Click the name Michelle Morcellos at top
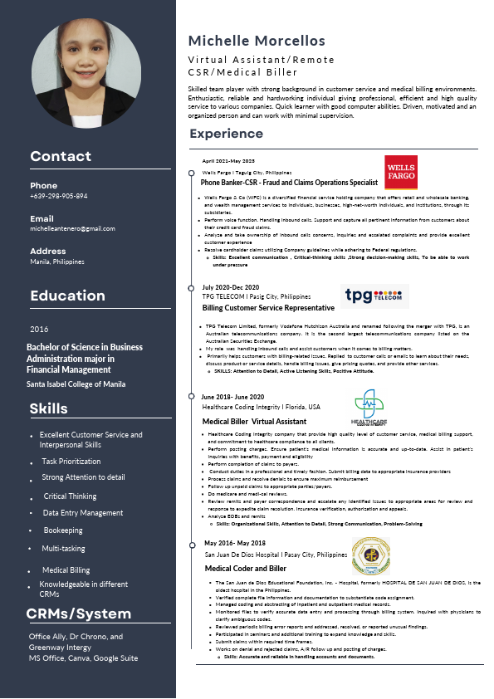click(257, 41)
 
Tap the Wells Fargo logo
click(401, 173)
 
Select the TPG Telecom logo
click(374, 296)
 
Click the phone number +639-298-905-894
click(58, 196)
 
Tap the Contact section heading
click(61, 156)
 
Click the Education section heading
click(67, 296)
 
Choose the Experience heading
click(226, 134)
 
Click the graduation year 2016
click(39, 329)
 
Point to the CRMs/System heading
click(79, 614)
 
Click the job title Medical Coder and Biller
click(246, 568)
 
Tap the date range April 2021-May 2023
click(228, 160)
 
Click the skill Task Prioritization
click(71, 461)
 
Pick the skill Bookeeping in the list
click(63, 530)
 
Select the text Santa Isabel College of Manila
click(76, 384)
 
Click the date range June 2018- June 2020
click(232, 398)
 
